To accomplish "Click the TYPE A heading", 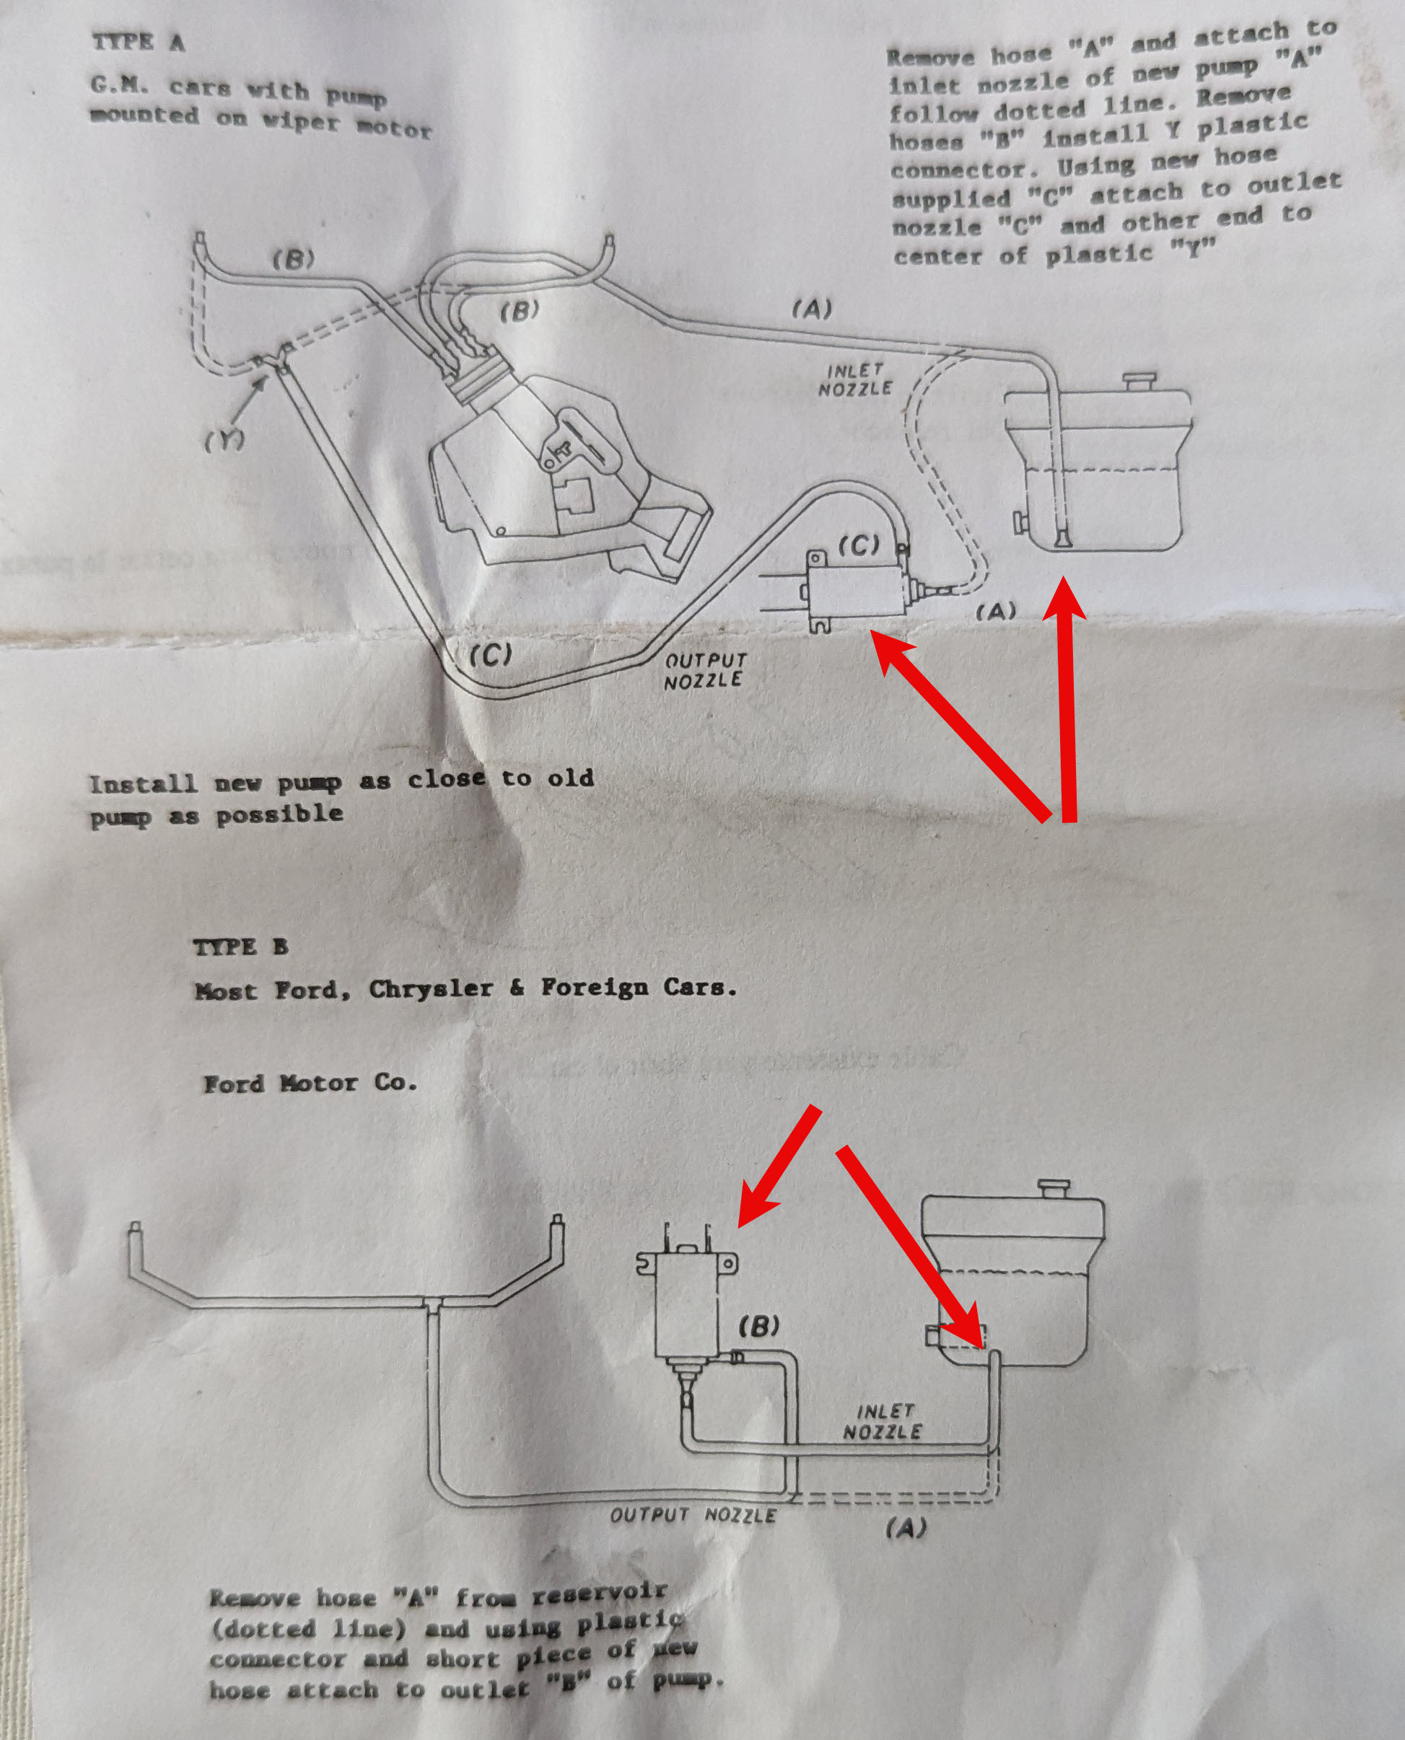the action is (139, 42).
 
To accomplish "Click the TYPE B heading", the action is (240, 947).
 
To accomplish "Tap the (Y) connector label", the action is (224, 440).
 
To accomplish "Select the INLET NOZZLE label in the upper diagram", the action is (854, 380).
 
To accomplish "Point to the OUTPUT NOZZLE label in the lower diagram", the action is (693, 1515).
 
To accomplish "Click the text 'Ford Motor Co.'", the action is (310, 1083).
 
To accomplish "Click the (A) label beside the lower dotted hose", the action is (906, 1527).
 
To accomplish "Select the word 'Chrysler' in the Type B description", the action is (431, 988).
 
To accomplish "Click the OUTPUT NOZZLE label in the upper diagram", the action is (704, 671).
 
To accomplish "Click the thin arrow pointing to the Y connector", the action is (249, 400).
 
